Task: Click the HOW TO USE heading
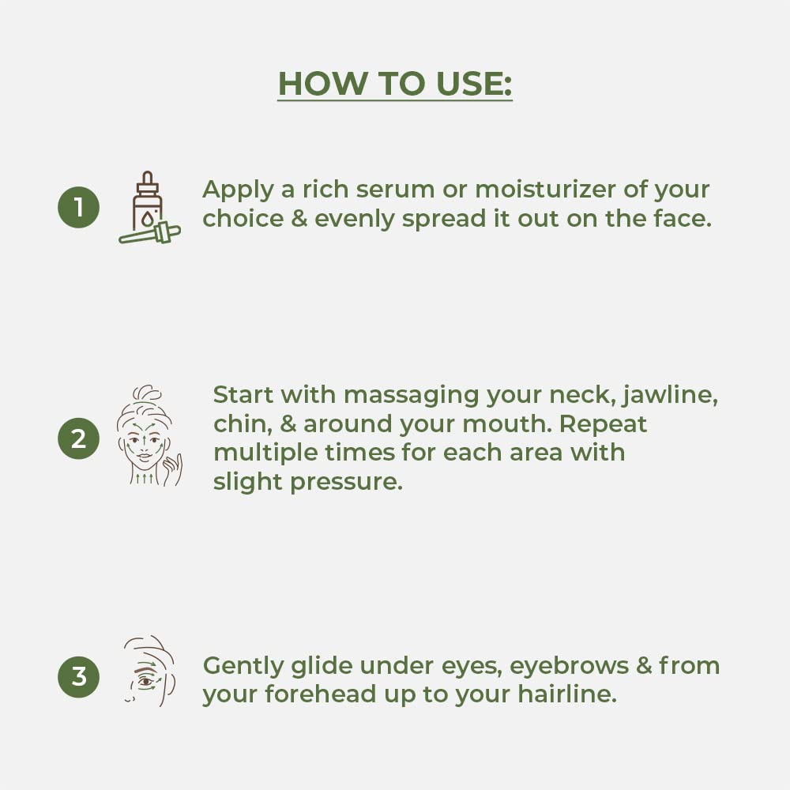[395, 84]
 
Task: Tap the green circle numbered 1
[78, 207]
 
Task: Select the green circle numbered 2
[78, 438]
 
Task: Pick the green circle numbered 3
[78, 677]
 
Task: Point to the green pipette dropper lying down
[149, 233]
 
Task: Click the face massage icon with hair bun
[149, 436]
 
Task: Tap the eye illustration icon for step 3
[149, 671]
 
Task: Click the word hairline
[567, 694]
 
